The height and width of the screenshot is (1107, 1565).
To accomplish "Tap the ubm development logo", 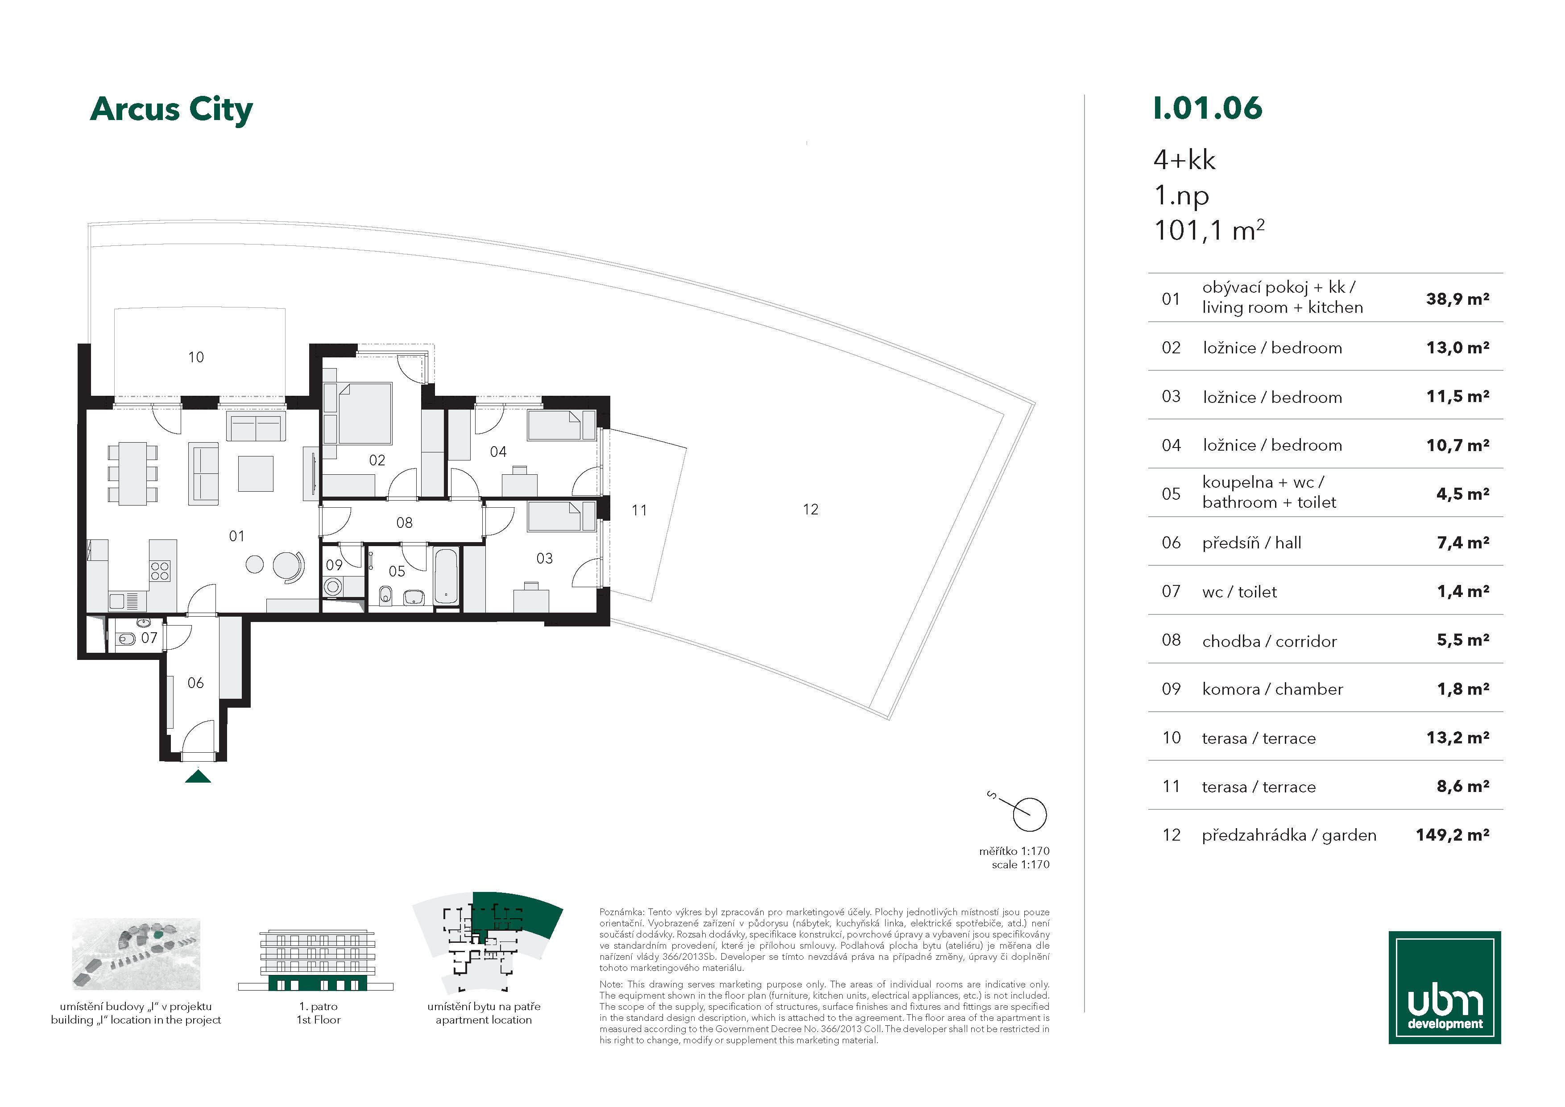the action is tap(1445, 987).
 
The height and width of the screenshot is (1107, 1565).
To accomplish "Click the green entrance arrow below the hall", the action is tap(199, 776).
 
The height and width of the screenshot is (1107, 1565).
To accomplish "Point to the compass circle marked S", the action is tap(1029, 815).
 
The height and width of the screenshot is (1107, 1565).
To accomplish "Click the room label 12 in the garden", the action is tap(811, 509).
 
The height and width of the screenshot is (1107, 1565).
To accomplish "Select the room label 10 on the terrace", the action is tap(195, 357).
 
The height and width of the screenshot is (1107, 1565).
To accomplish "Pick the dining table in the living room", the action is tap(133, 473).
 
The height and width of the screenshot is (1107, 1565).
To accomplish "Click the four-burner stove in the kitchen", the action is tap(160, 571).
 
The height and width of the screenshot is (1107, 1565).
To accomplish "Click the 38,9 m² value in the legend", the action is tap(1457, 299).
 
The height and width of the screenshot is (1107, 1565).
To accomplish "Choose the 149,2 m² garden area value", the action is tap(1453, 834).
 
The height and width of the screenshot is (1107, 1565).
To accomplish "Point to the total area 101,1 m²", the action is tap(1209, 230).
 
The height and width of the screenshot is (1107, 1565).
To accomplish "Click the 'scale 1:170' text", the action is tap(1020, 864).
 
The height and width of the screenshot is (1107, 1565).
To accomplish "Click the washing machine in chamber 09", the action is tap(334, 587).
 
